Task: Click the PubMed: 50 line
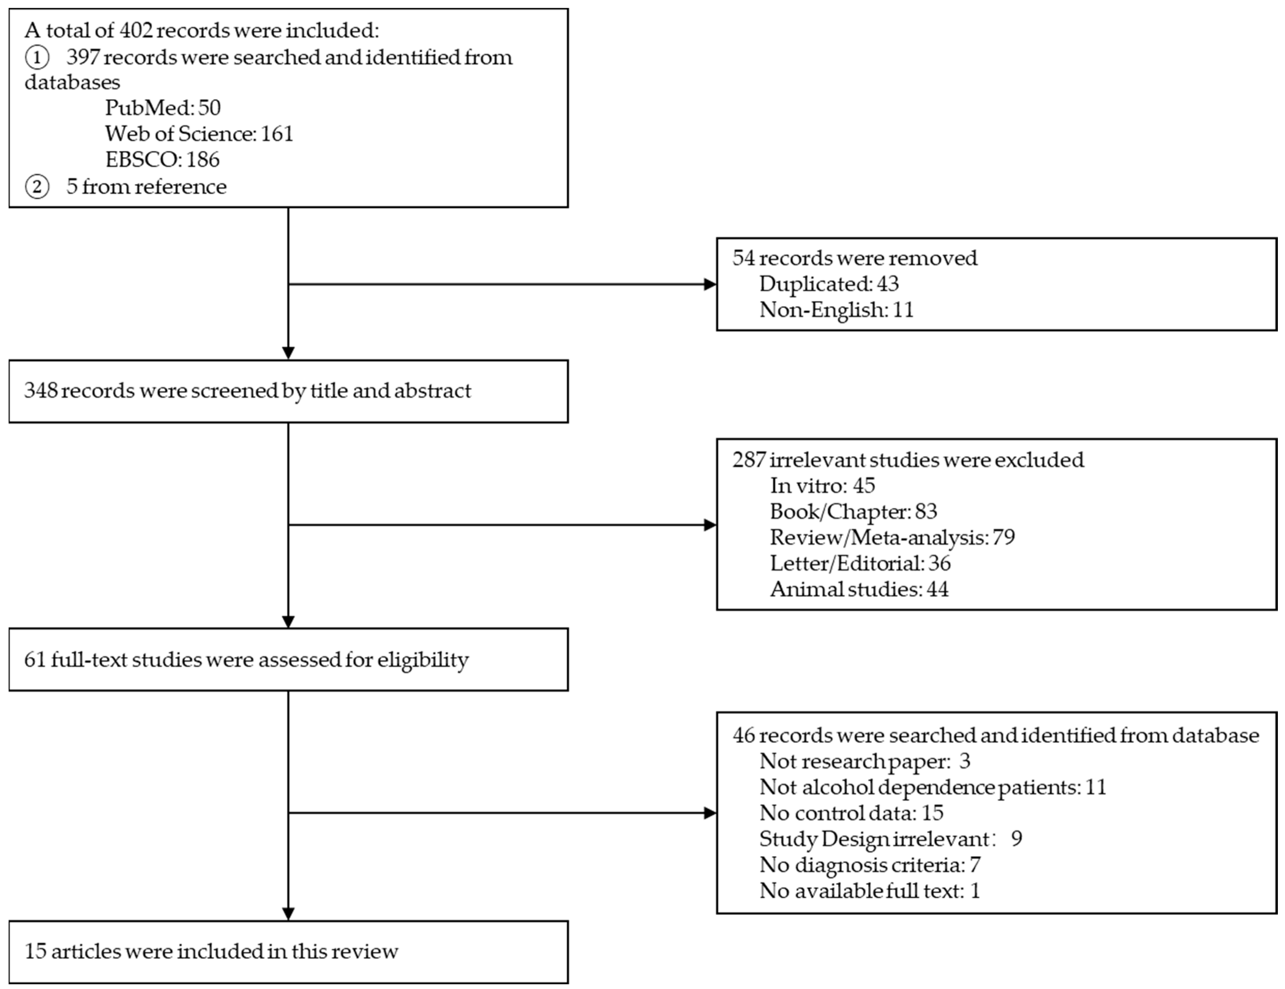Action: click(x=163, y=108)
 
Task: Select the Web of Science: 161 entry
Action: click(x=199, y=134)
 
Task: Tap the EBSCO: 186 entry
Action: click(x=163, y=159)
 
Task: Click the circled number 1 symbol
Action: click(x=37, y=58)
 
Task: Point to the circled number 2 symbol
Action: click(x=37, y=187)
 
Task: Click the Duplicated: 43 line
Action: click(x=828, y=284)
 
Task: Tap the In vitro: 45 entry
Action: click(x=822, y=486)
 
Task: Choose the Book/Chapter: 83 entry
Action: click(x=853, y=512)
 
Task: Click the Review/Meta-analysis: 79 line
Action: click(x=892, y=537)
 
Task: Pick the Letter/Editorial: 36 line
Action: click(x=860, y=563)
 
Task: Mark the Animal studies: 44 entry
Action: click(x=859, y=589)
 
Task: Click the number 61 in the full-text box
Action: click(x=35, y=660)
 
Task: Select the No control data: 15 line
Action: click(x=851, y=813)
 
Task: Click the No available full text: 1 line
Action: click(x=870, y=891)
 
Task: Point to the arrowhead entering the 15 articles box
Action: click(x=288, y=913)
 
